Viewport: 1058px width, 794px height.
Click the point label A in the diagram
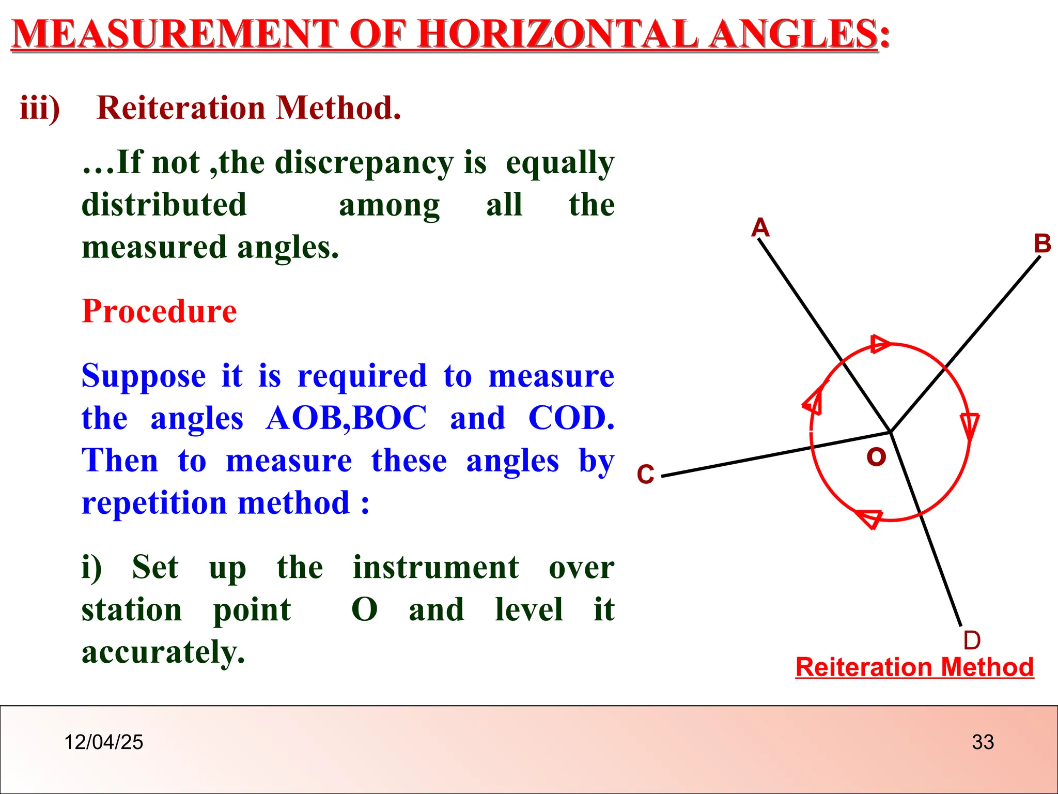(760, 227)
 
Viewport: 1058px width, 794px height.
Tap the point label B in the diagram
(1043, 243)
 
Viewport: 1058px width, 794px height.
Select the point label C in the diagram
(646, 474)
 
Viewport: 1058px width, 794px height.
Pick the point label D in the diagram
(972, 640)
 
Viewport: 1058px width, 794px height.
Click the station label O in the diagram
(876, 457)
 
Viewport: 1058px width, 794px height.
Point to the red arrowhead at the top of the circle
(880, 344)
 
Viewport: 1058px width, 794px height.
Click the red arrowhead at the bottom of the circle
(870, 518)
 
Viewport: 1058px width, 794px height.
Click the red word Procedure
(159, 311)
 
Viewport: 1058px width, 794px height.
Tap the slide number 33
(983, 742)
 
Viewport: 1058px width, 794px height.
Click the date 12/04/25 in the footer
(103, 742)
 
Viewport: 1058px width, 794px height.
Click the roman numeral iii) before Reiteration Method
(40, 108)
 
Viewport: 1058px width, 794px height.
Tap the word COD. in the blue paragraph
(571, 418)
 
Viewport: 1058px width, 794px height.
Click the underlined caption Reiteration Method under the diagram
(914, 667)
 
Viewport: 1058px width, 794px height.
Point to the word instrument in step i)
(435, 567)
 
